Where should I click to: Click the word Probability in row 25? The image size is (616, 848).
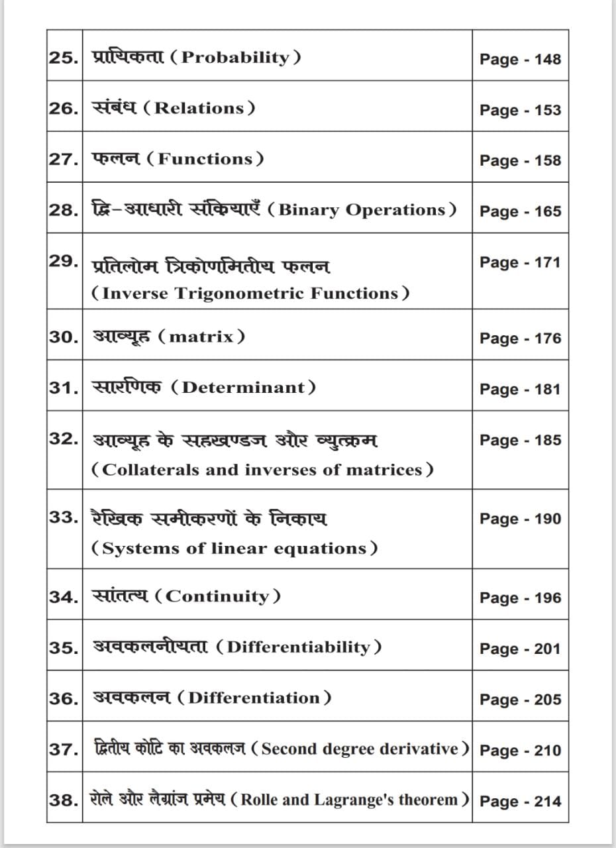[236, 57]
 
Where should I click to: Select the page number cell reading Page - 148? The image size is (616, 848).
[520, 59]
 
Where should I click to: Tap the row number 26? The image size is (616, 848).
[64, 108]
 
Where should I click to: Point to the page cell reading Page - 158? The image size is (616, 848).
[520, 160]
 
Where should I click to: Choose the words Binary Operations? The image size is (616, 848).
[362, 210]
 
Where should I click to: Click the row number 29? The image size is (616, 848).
[64, 261]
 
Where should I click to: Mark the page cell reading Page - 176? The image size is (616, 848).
[520, 339]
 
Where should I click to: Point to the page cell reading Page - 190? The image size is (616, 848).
[520, 519]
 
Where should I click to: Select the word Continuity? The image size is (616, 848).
[217, 596]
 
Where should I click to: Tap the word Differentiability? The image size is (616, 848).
[299, 647]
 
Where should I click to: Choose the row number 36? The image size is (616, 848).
[64, 698]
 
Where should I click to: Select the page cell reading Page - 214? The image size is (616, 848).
[520, 801]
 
